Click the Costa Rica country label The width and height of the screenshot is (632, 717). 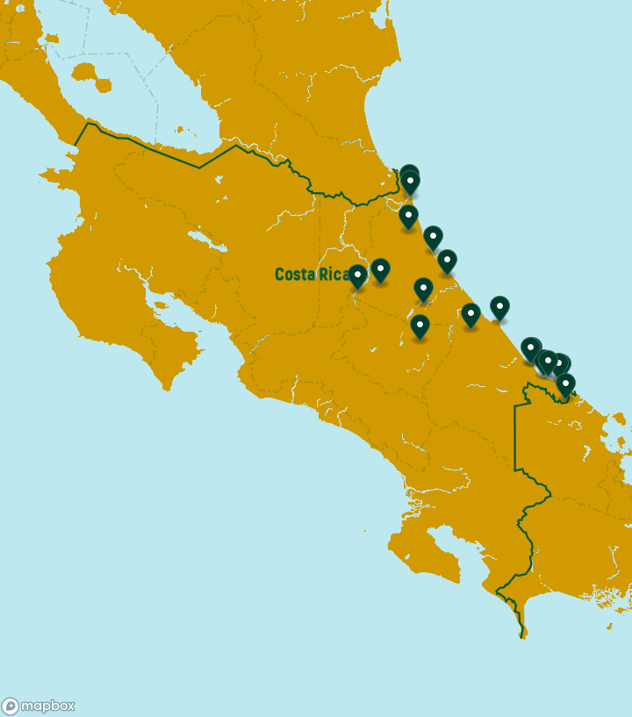[x=312, y=275]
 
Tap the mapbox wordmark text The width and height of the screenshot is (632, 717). [x=47, y=706]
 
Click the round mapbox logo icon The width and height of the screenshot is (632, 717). [x=11, y=706]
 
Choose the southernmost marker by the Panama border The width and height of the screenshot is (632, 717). [x=565, y=383]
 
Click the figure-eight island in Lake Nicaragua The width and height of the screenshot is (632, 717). [x=91, y=75]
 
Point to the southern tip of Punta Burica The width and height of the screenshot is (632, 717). [x=523, y=635]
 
